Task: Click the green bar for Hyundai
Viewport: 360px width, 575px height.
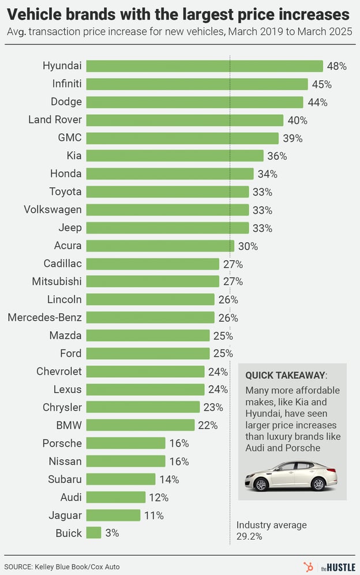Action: tap(204, 66)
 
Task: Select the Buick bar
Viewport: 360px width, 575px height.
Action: tap(93, 533)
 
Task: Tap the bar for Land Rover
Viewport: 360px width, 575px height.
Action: tap(185, 120)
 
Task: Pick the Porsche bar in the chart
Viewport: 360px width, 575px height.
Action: tap(126, 443)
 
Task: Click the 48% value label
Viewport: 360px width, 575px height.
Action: tap(337, 66)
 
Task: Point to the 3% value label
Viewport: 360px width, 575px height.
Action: tap(112, 533)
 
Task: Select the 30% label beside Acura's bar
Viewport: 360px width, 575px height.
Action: tap(248, 246)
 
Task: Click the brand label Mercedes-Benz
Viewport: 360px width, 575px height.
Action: tap(44, 317)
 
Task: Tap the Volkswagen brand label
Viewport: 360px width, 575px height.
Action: tap(52, 209)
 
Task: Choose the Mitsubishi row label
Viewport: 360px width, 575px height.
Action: tap(57, 281)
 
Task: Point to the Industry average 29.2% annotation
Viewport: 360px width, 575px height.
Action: tap(271, 530)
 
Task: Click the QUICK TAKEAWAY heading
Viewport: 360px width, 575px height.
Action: tap(285, 375)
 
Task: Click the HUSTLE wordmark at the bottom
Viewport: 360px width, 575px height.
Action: tap(344, 566)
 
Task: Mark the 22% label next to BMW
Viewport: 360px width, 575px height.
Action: tap(208, 425)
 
